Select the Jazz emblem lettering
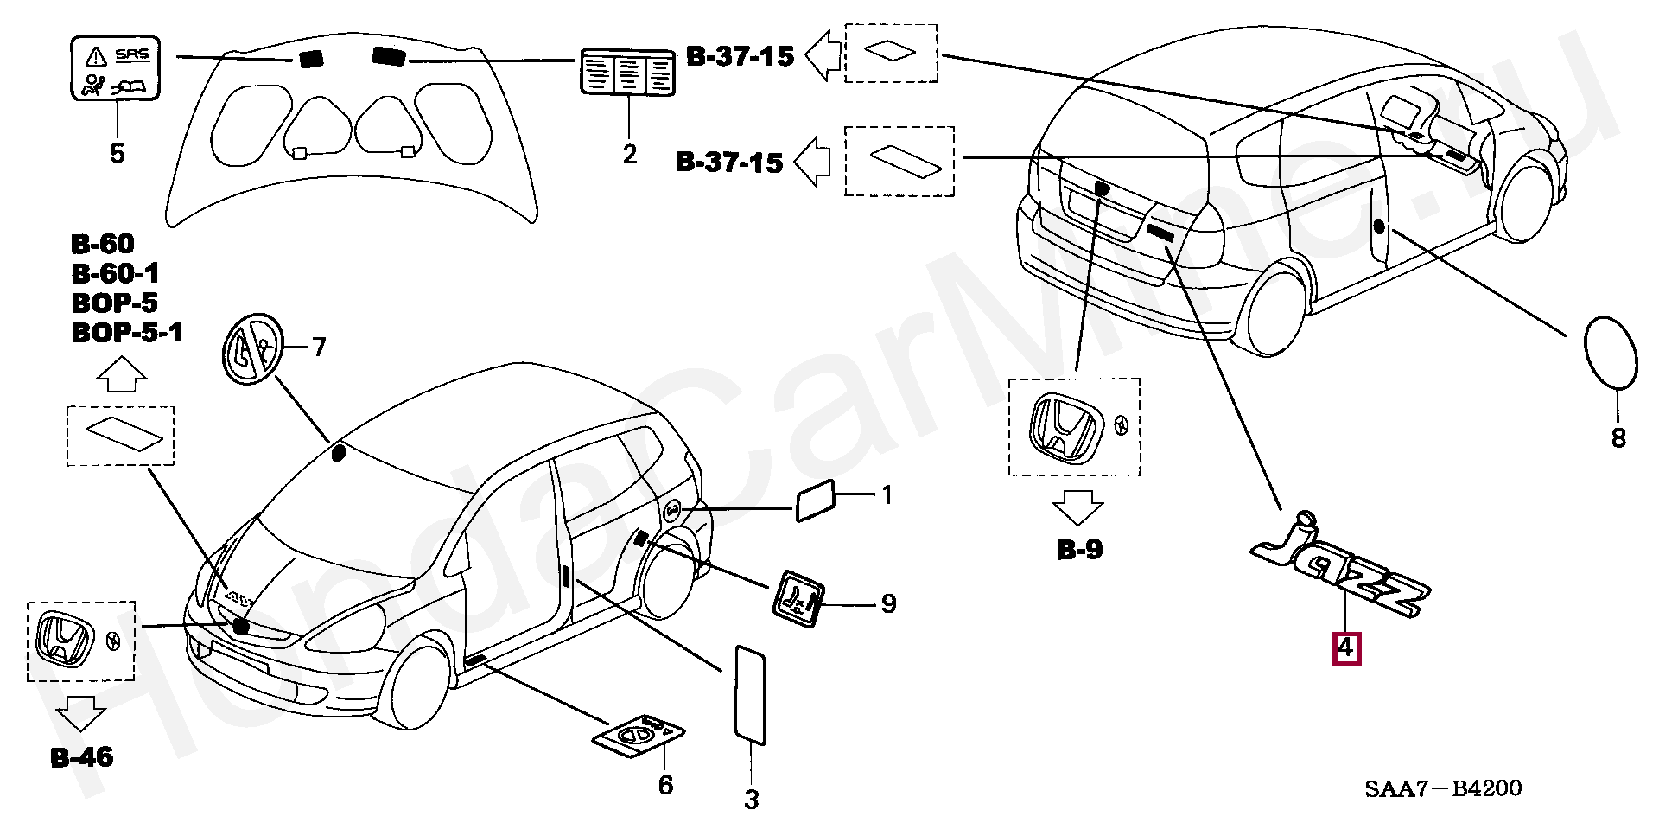1338,574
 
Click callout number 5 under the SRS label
118,154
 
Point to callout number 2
629,154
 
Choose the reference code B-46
82,758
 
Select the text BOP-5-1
126,332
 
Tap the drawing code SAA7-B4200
1443,788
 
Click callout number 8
1618,438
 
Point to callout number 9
887,603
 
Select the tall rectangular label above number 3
749,693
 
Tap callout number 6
664,785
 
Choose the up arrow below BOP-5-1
119,376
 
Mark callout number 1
887,495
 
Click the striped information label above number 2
627,71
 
